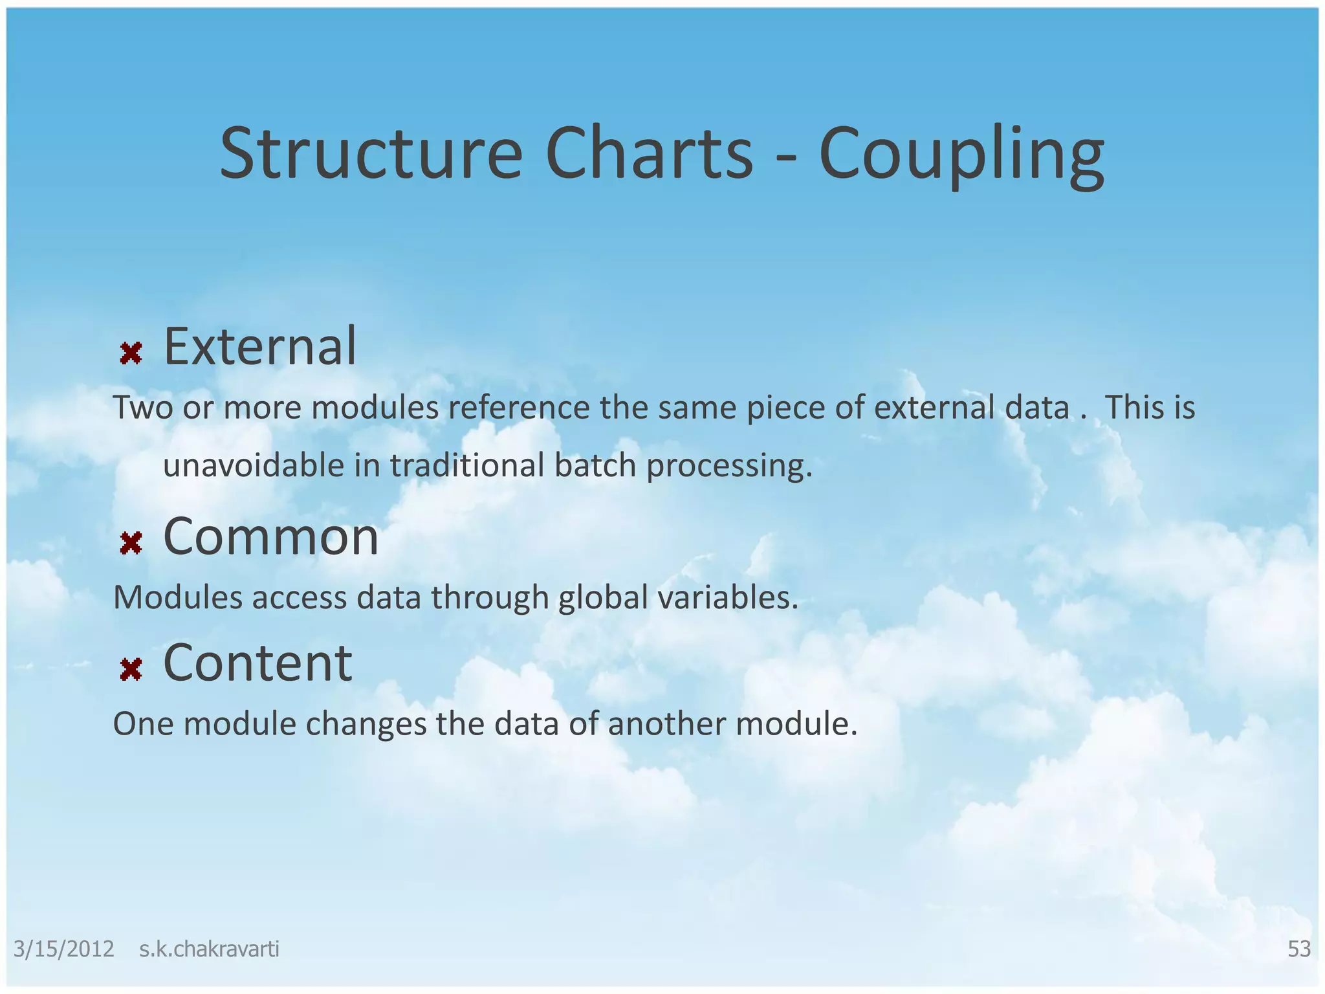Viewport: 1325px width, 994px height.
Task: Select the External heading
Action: (259, 347)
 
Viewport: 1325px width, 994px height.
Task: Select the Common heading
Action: (270, 536)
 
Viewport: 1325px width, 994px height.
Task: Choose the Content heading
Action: (257, 663)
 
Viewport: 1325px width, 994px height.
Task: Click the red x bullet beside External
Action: (131, 353)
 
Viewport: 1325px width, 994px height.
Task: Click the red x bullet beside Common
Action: (131, 543)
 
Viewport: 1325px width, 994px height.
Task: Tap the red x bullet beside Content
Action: (131, 669)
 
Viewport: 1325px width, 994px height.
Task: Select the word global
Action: (603, 598)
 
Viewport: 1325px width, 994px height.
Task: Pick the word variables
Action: (728, 597)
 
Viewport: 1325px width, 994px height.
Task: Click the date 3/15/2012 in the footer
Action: (63, 949)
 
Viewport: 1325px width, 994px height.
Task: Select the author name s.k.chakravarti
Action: (209, 949)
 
